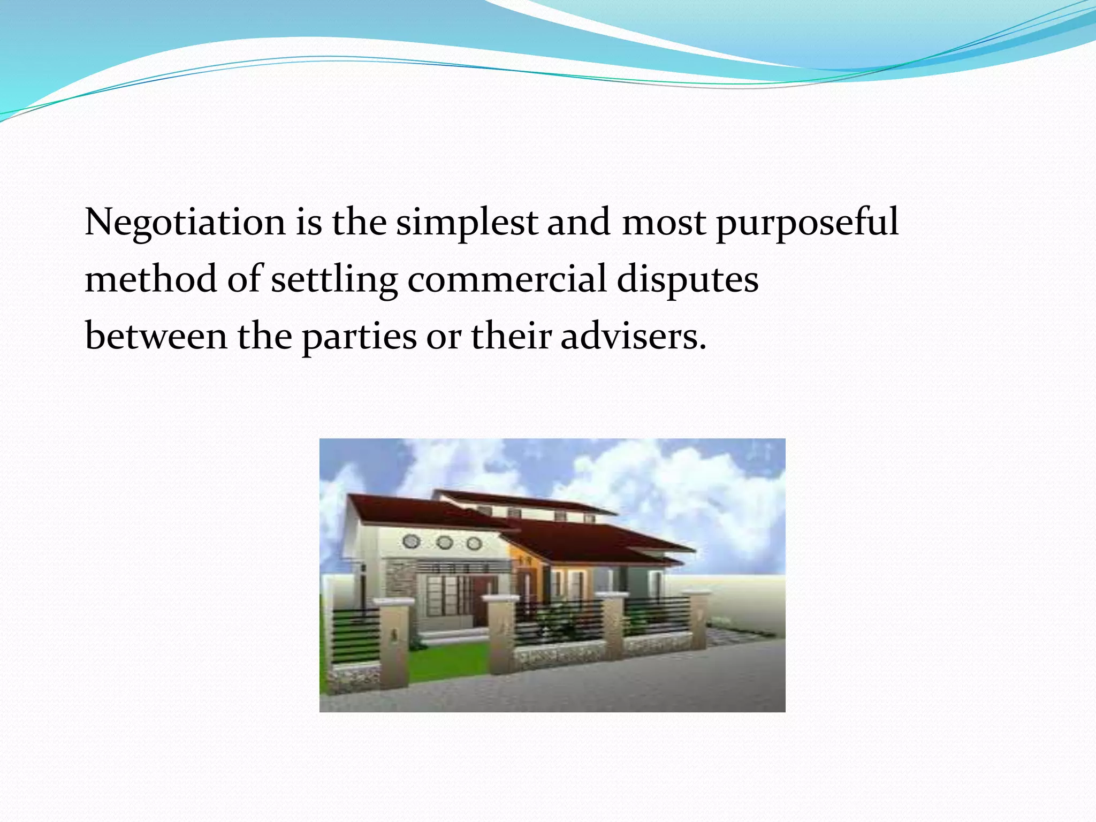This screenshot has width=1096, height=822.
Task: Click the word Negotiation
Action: point(185,222)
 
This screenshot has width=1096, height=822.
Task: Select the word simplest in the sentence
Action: point(467,222)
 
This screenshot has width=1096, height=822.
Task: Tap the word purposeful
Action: point(807,222)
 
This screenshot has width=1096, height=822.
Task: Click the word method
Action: point(151,279)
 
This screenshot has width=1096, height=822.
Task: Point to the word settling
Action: point(334,279)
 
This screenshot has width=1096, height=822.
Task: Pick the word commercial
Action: point(507,279)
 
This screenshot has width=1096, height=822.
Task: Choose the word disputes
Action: point(687,279)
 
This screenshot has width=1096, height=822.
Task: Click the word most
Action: point(664,222)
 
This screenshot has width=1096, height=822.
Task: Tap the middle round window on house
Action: point(444,543)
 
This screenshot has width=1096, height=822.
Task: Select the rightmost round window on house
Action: point(474,544)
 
